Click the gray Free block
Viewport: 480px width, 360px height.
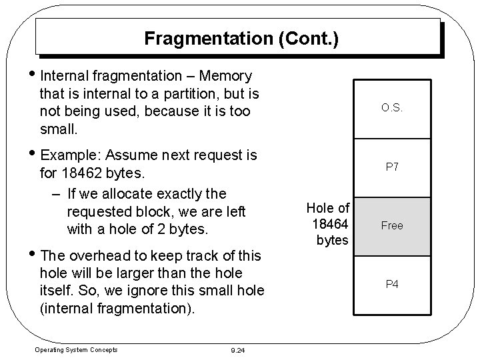click(392, 225)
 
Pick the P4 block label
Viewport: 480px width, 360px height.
click(392, 284)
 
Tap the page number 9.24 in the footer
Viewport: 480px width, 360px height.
click(238, 350)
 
